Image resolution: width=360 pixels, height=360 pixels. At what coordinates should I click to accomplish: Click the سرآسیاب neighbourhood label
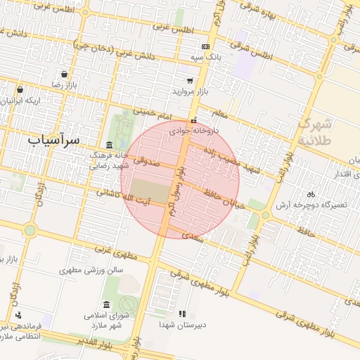[53, 139]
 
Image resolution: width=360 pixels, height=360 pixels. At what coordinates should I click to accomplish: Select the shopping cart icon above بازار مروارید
[190, 82]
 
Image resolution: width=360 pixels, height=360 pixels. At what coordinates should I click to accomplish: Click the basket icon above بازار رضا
[64, 74]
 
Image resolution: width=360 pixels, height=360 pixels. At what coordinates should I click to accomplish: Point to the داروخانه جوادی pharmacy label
[195, 131]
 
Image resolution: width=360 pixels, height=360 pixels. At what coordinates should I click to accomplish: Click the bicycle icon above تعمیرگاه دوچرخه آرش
[311, 194]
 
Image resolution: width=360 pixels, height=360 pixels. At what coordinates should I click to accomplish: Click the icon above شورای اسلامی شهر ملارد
[106, 304]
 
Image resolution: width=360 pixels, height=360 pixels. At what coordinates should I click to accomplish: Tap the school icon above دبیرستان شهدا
[182, 314]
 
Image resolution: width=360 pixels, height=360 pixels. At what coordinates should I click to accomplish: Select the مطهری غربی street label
[114, 250]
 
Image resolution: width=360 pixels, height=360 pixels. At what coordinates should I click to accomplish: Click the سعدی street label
[192, 235]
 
